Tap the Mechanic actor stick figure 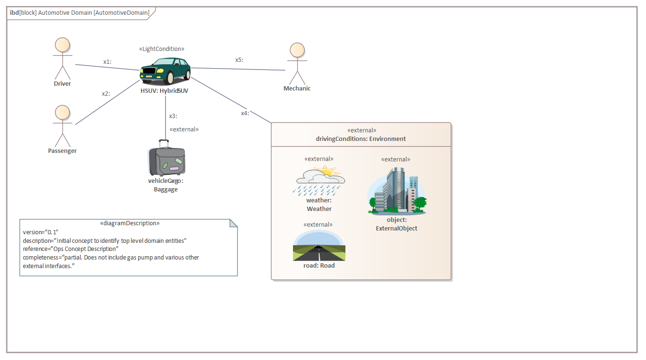[x=297, y=64]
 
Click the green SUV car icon [x=165, y=71]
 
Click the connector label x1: [x=107, y=62]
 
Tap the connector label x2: [x=106, y=94]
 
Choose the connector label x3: [x=173, y=116]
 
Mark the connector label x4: [x=245, y=113]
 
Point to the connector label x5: [x=239, y=60]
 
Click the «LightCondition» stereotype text [x=161, y=49]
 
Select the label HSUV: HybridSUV [x=164, y=90]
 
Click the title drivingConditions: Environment [x=361, y=139]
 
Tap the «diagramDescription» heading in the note [x=130, y=223]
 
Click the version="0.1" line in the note [x=40, y=232]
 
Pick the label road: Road [x=319, y=265]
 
